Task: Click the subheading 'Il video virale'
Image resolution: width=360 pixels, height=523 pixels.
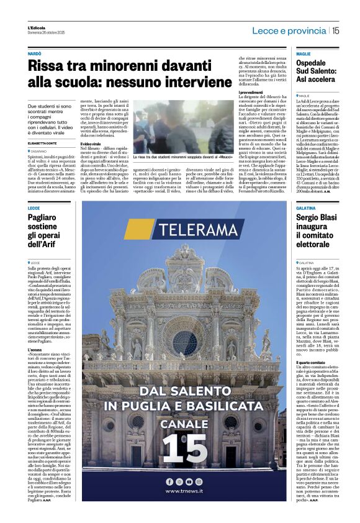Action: (91, 144)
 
